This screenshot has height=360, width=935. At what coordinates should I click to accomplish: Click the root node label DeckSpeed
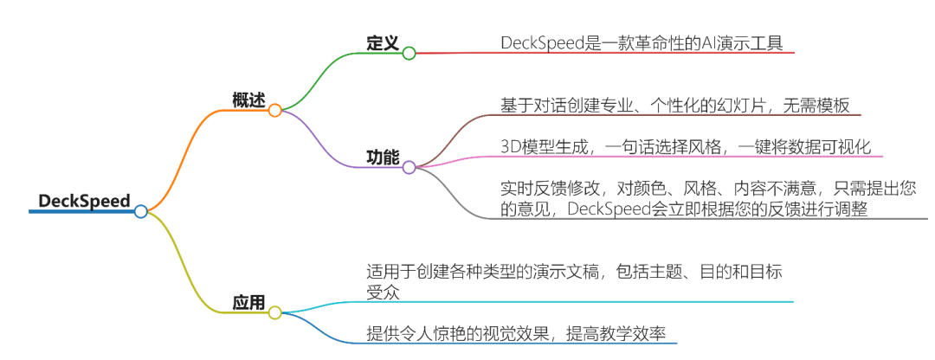pyautogui.click(x=83, y=201)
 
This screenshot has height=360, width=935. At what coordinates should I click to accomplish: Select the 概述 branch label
pyautogui.click(x=248, y=100)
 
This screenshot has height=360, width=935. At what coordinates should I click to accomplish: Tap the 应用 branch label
pyautogui.click(x=248, y=302)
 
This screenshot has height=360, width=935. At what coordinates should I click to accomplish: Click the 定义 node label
pyautogui.click(x=382, y=43)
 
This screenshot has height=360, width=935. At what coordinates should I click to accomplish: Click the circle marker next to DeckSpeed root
pyautogui.click(x=141, y=211)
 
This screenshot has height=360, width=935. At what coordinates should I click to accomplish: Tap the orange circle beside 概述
pyautogui.click(x=274, y=110)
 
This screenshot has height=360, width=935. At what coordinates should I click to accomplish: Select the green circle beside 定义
pyautogui.click(x=409, y=53)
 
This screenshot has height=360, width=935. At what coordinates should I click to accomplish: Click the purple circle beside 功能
pyautogui.click(x=409, y=167)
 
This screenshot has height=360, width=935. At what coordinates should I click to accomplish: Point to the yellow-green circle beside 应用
pyautogui.click(x=274, y=312)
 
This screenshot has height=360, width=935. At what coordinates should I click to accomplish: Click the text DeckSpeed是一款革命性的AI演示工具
pyautogui.click(x=645, y=43)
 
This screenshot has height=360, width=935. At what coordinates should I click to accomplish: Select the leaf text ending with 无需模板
pyautogui.click(x=679, y=105)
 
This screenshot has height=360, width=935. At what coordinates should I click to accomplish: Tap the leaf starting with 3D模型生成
pyautogui.click(x=685, y=146)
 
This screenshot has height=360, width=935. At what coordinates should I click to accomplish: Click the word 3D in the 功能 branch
pyautogui.click(x=512, y=146)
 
